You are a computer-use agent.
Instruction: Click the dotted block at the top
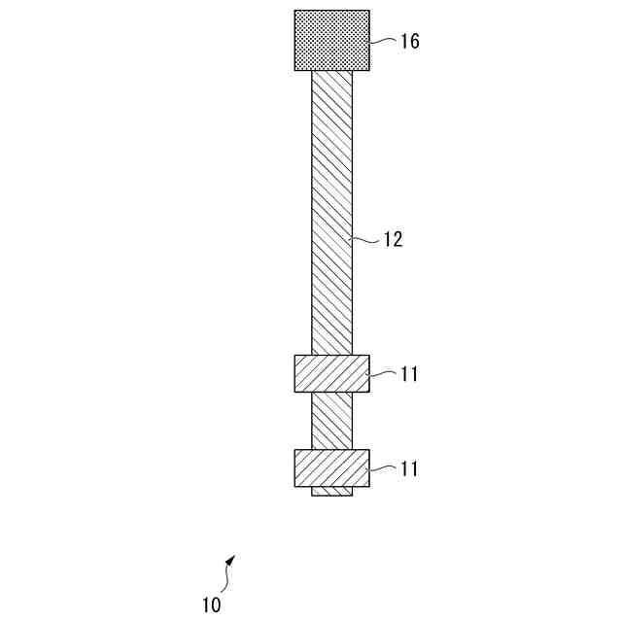click(x=331, y=40)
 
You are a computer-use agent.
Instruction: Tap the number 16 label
click(x=409, y=42)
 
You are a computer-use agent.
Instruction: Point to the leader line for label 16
click(x=384, y=41)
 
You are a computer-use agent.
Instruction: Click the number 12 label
click(x=391, y=239)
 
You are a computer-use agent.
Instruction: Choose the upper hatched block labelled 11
click(x=331, y=373)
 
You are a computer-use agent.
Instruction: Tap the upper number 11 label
click(x=409, y=374)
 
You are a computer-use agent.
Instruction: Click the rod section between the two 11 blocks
click(x=331, y=421)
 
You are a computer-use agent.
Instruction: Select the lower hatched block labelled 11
click(x=331, y=467)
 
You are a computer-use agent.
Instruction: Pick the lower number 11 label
click(x=409, y=468)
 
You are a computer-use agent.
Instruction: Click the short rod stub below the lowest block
click(x=331, y=492)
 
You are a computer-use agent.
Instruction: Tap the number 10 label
click(x=212, y=605)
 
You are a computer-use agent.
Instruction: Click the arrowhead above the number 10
click(x=230, y=561)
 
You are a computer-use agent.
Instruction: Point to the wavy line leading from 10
click(x=226, y=579)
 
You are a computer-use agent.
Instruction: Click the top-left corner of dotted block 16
click(x=294, y=11)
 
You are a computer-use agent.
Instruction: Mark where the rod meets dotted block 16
click(x=331, y=71)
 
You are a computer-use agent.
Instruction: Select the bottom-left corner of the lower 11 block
click(x=294, y=486)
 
